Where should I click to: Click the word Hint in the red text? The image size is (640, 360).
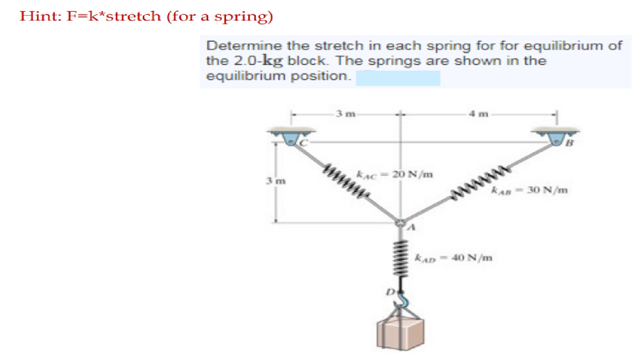coord(34,16)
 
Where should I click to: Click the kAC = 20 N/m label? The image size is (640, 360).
coord(395,174)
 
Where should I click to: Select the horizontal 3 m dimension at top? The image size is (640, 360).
coord(345,114)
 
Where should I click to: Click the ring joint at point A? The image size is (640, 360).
coord(401,221)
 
